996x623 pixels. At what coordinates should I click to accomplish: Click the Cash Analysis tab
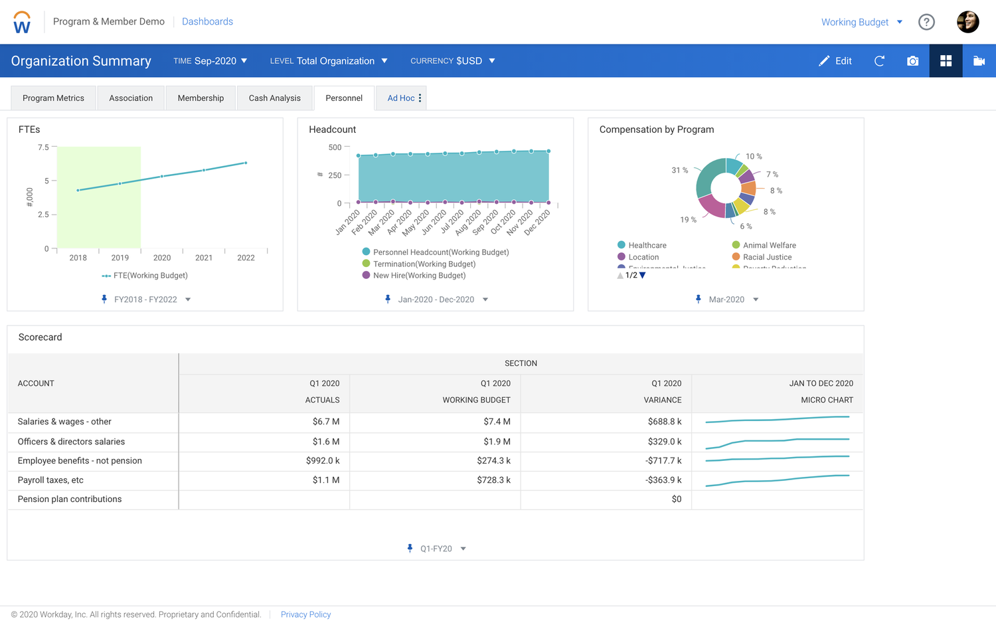pyautogui.click(x=274, y=98)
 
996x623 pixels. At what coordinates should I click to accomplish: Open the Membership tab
pyautogui.click(x=201, y=98)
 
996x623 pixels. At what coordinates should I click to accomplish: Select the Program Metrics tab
pyautogui.click(x=53, y=98)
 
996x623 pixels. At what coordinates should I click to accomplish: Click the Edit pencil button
pyautogui.click(x=835, y=61)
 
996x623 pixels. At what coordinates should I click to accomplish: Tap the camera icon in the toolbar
pyautogui.click(x=912, y=61)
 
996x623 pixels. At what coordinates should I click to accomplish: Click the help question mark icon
pyautogui.click(x=926, y=22)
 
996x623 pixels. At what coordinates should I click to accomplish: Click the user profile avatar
pyautogui.click(x=967, y=22)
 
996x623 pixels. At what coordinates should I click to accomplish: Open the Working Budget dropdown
pyautogui.click(x=861, y=22)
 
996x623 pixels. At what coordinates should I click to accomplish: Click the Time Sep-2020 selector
pyautogui.click(x=210, y=61)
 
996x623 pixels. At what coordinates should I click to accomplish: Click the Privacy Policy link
pyautogui.click(x=305, y=614)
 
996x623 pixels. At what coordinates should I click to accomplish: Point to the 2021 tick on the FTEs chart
pyautogui.click(x=204, y=258)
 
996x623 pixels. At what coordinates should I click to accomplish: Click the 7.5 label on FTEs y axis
pyautogui.click(x=43, y=147)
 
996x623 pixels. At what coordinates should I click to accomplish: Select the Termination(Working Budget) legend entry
pyautogui.click(x=424, y=264)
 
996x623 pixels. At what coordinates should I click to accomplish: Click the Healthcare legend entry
pyautogui.click(x=647, y=246)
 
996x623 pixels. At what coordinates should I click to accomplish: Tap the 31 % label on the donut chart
pyautogui.click(x=679, y=171)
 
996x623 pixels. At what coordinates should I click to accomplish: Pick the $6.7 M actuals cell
pyautogui.click(x=325, y=422)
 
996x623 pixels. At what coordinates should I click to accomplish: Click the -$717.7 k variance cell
pyautogui.click(x=663, y=461)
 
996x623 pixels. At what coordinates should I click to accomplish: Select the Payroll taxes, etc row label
pyautogui.click(x=50, y=480)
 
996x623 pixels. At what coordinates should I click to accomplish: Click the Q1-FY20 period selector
pyautogui.click(x=436, y=549)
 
